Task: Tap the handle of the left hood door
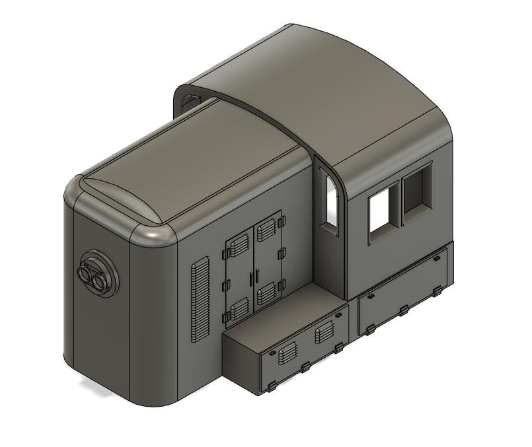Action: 250,277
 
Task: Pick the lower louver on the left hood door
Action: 238,307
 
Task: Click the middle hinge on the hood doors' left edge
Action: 224,285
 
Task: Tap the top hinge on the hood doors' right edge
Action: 281,217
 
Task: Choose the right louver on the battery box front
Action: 324,333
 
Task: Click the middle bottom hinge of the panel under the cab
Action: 404,310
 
